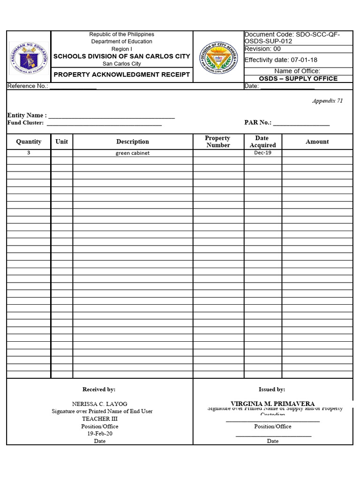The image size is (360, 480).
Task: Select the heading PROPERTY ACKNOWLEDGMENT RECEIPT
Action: pyautogui.click(x=121, y=75)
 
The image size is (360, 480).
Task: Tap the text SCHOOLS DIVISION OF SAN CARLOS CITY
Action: pyautogui.click(x=121, y=56)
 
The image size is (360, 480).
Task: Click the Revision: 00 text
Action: pyautogui.click(x=262, y=49)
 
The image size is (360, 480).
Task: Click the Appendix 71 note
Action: pyautogui.click(x=327, y=101)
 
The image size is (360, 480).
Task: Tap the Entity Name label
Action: pyautogui.click(x=27, y=115)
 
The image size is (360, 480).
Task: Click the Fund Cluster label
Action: pyautogui.click(x=25, y=123)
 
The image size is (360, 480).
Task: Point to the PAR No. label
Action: pyautogui.click(x=258, y=122)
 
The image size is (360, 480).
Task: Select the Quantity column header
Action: pyautogui.click(x=29, y=142)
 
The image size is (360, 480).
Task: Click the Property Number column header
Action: pyautogui.click(x=218, y=142)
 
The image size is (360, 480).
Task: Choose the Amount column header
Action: pyautogui.click(x=317, y=142)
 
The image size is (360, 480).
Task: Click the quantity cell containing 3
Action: pyautogui.click(x=29, y=153)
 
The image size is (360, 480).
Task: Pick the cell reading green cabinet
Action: pyautogui.click(x=133, y=153)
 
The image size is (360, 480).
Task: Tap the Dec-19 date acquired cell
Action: pyautogui.click(x=262, y=153)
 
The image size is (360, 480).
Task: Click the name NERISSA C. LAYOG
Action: pyautogui.click(x=99, y=404)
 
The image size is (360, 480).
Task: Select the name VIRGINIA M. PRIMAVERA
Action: pyautogui.click(x=272, y=404)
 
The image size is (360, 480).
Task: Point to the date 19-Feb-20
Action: pyautogui.click(x=99, y=434)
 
